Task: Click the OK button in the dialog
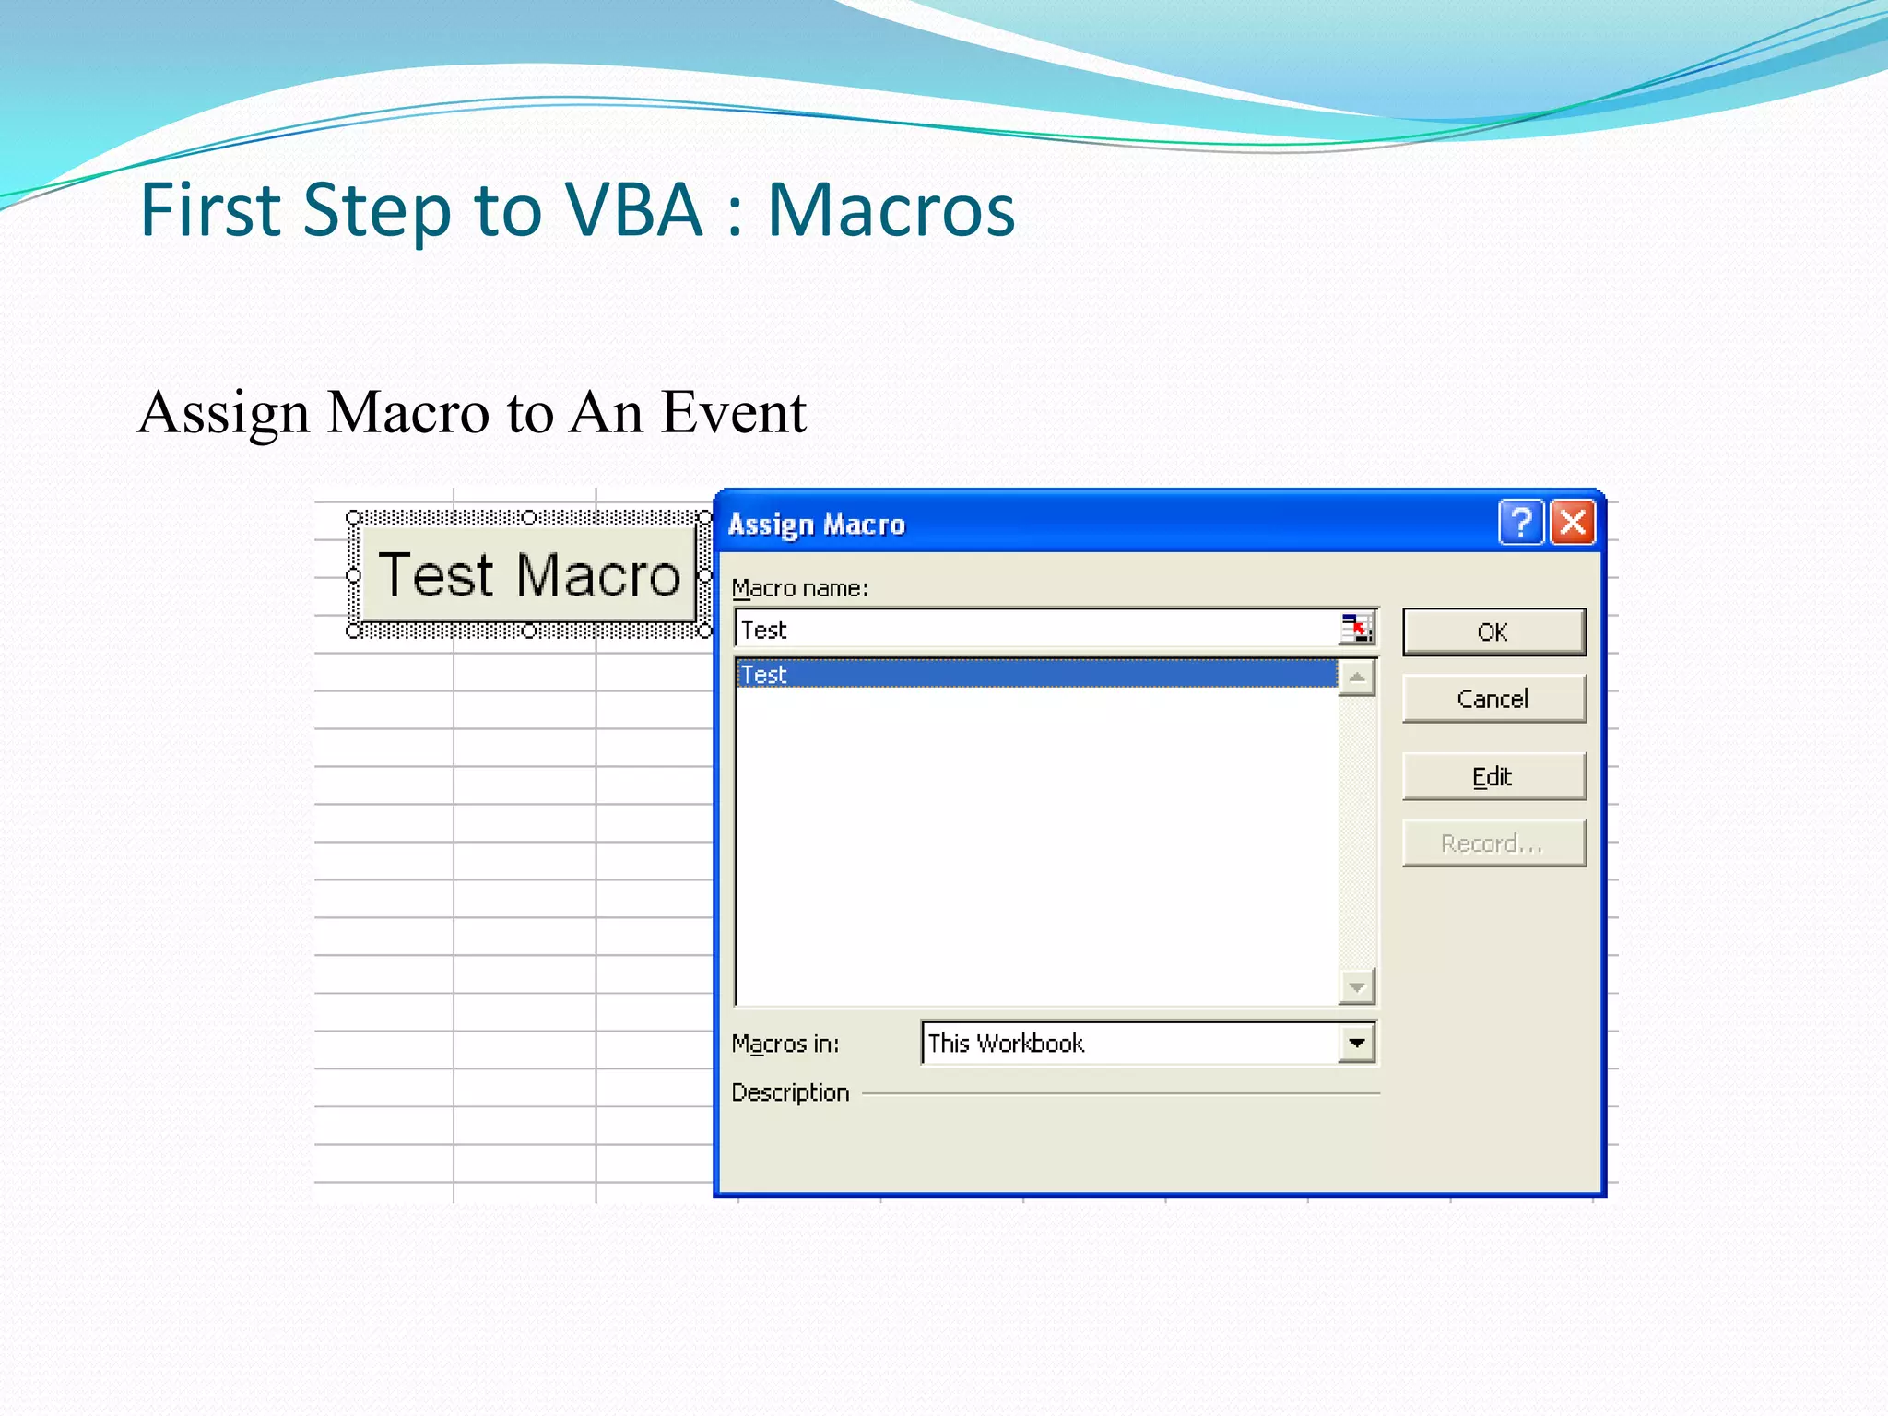tap(1493, 632)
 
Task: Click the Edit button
tap(1493, 776)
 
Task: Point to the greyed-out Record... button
tap(1493, 844)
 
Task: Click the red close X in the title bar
tap(1574, 523)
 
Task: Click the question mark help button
tap(1521, 523)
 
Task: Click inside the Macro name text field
tap(1032, 631)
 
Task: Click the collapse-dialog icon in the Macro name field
tap(1356, 630)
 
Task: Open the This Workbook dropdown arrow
tap(1357, 1044)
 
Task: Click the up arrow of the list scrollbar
tap(1357, 678)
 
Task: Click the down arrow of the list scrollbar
tap(1357, 987)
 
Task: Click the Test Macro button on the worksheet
tap(529, 575)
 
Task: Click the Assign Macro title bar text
tap(817, 525)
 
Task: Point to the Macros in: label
tap(785, 1044)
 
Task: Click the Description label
tap(790, 1092)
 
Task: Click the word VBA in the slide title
tap(634, 210)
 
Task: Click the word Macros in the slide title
tap(891, 210)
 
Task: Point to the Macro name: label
tap(800, 588)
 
